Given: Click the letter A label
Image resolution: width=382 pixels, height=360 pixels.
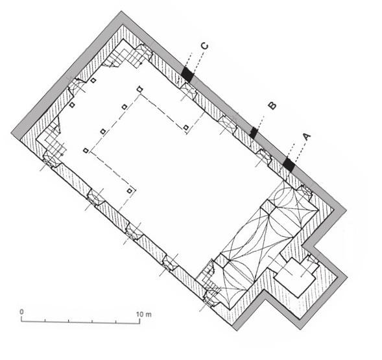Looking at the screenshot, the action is coord(307,137).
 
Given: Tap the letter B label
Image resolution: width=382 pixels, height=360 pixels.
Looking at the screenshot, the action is coord(272,106).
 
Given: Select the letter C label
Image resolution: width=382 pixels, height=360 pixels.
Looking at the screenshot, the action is coord(205,46).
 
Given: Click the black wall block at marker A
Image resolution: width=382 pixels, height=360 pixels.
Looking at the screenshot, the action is coord(289,165).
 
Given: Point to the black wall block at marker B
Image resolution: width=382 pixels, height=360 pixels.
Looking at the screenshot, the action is coord(254,132).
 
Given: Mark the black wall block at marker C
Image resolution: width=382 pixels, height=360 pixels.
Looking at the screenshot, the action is coord(187,74).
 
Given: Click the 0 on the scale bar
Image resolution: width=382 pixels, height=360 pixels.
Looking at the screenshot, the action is coord(21,312).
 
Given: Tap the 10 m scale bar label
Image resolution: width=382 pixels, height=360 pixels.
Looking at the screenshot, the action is coord(144,314).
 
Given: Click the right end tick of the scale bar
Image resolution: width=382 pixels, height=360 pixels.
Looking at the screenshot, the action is coord(139,321).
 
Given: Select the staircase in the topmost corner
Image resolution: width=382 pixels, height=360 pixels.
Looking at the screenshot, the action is coord(126,56).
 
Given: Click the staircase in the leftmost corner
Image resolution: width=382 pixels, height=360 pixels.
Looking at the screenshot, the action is coord(52,142).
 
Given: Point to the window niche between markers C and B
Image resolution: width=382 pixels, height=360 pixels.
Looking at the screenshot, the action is coord(227,124).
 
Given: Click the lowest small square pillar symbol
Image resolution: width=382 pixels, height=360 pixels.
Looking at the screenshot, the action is coord(130,191).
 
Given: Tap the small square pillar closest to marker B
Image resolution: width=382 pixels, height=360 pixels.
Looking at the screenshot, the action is coord(186,127).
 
